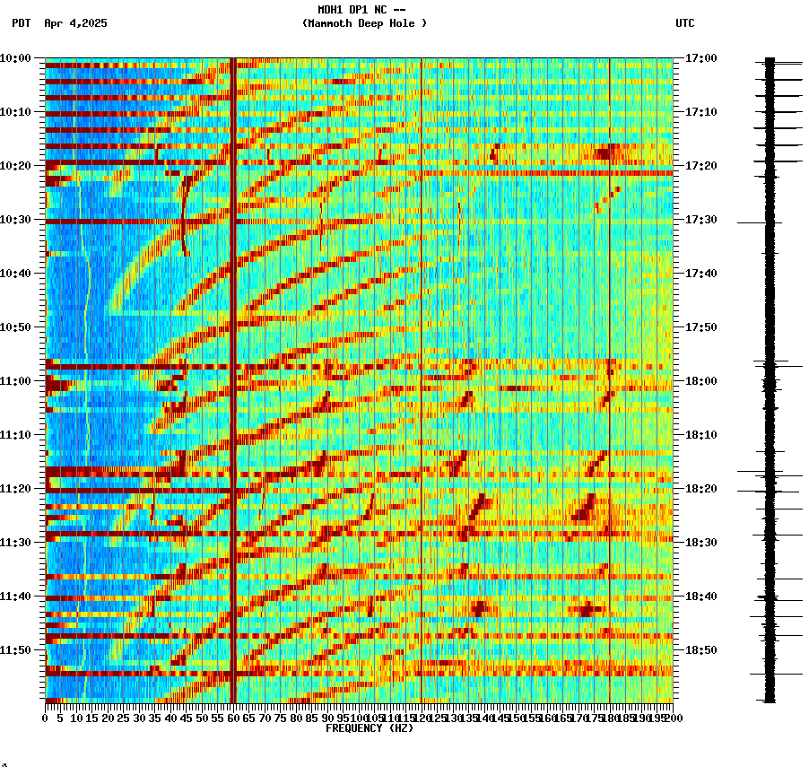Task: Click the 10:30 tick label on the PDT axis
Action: click(15, 220)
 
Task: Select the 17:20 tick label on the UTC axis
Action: click(700, 166)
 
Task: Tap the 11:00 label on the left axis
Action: click(15, 381)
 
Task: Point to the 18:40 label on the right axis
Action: click(700, 596)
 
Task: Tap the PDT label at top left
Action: click(22, 23)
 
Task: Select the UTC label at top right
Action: click(684, 23)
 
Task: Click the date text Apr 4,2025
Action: click(75, 23)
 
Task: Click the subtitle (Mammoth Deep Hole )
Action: click(364, 23)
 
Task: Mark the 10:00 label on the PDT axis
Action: click(15, 58)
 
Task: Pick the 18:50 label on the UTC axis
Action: click(700, 650)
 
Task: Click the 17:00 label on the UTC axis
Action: click(700, 58)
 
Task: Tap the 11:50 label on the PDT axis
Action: click(15, 650)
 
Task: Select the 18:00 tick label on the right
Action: click(700, 381)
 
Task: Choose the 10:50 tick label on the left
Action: click(15, 327)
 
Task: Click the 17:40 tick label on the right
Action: click(700, 274)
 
